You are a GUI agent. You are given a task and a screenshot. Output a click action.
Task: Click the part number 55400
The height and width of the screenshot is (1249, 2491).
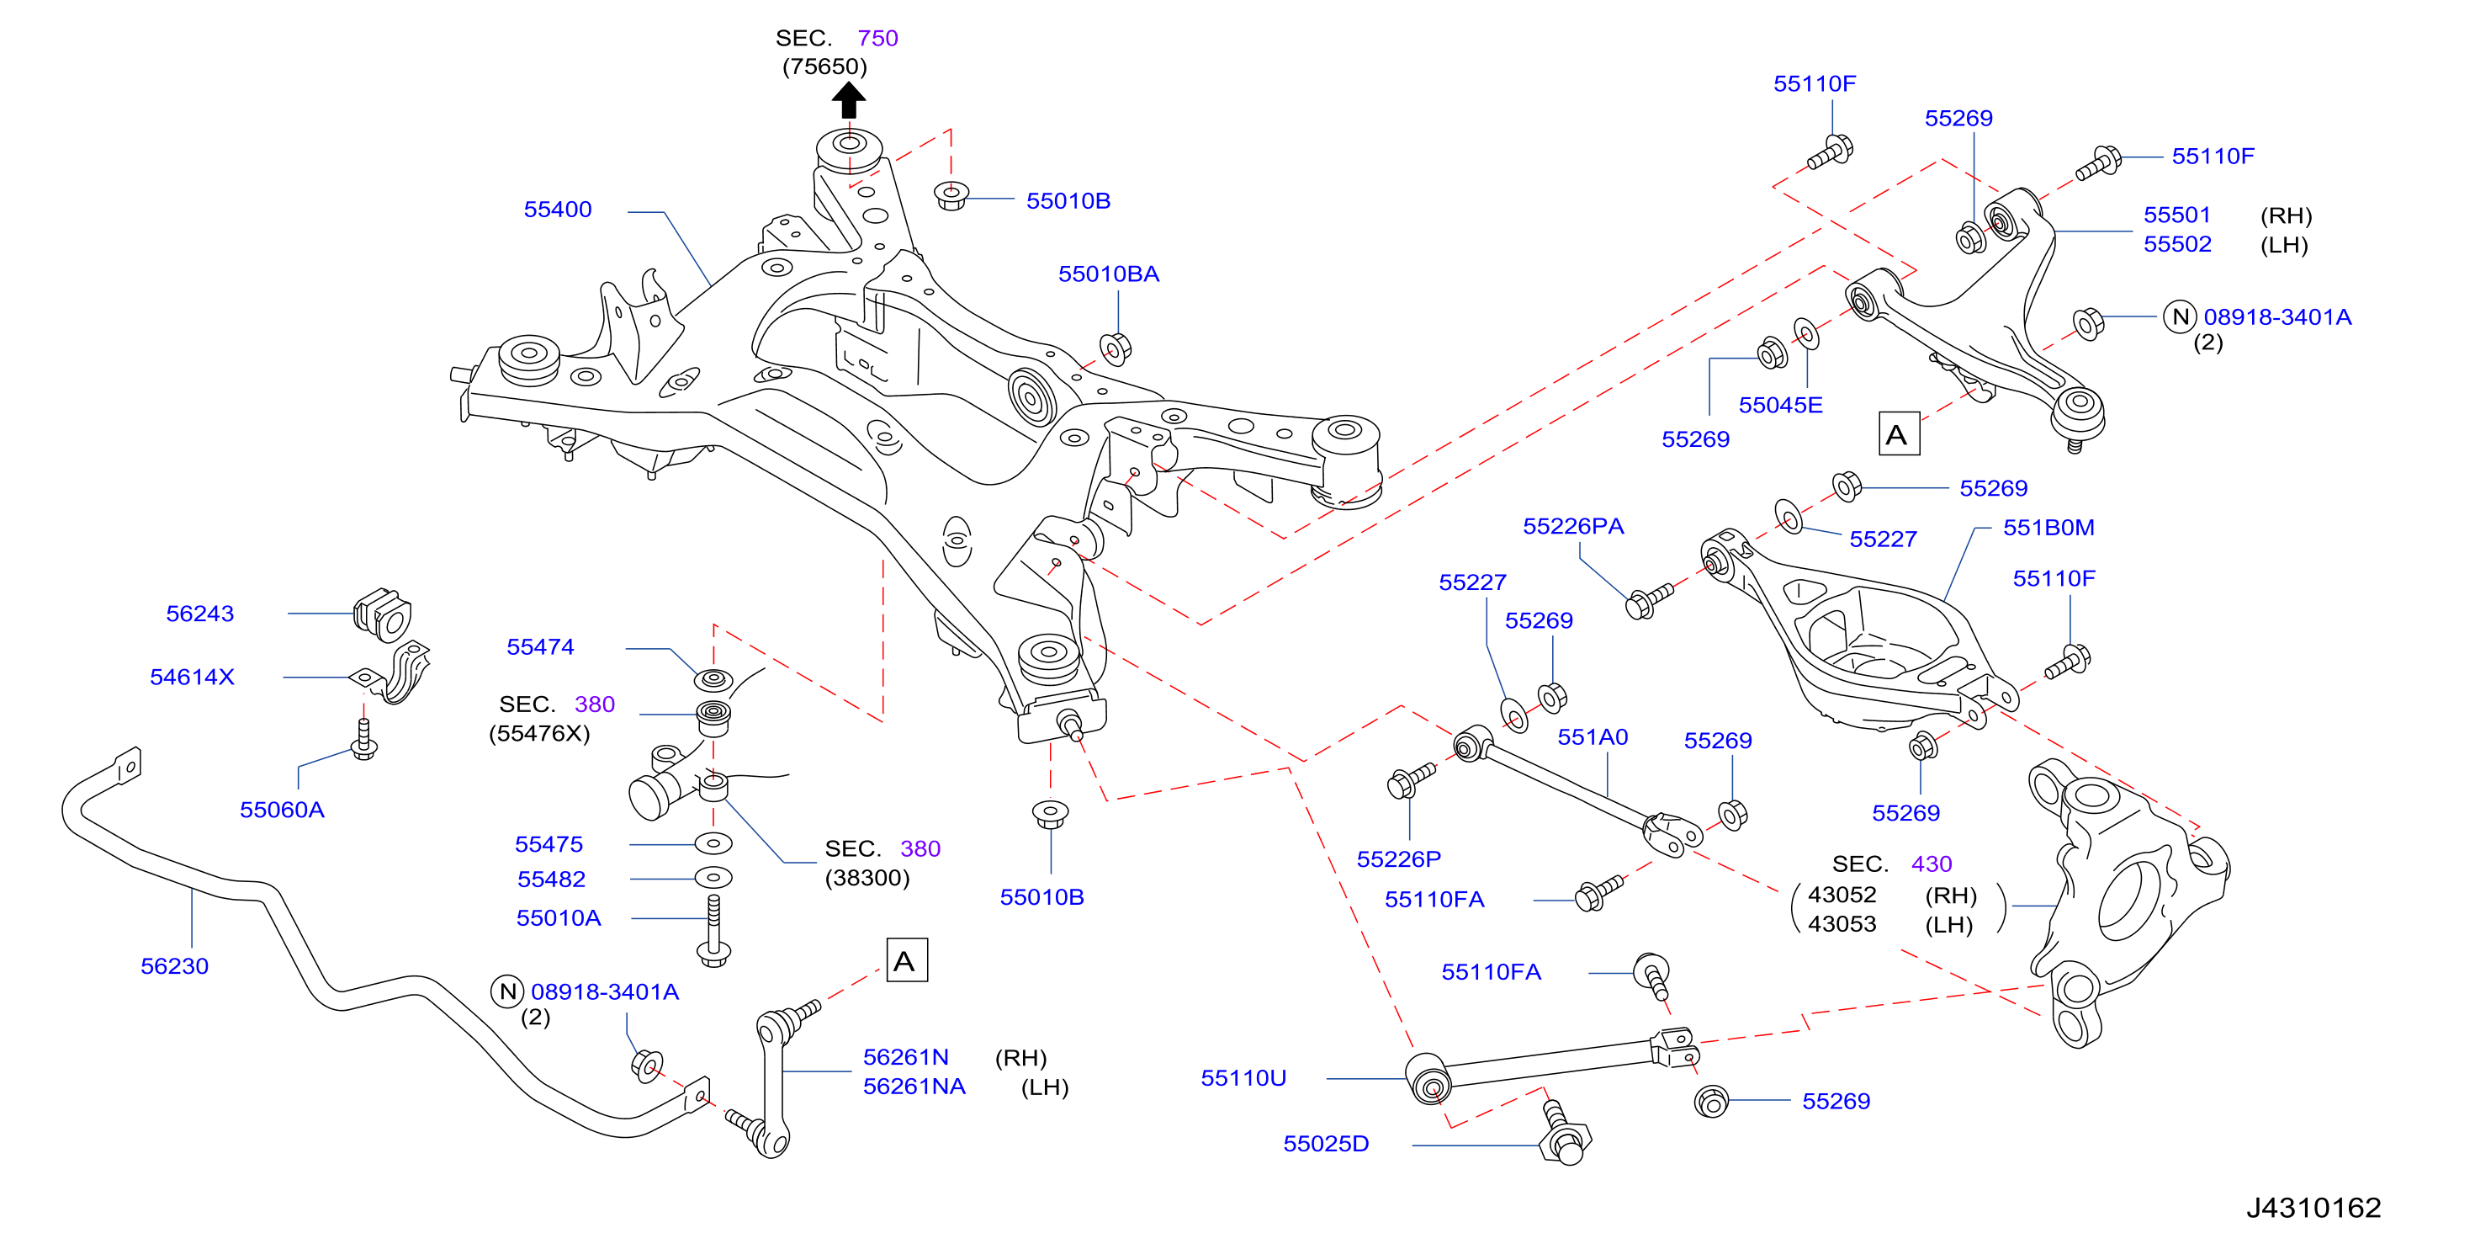pyautogui.click(x=557, y=209)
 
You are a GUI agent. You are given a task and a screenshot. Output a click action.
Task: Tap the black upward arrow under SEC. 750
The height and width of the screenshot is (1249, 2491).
pyautogui.click(x=848, y=99)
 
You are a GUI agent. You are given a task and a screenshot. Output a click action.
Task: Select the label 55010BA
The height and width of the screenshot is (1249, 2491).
pyautogui.click(x=1108, y=274)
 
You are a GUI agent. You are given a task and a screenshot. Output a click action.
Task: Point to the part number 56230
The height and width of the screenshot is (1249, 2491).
pyautogui.click(x=174, y=965)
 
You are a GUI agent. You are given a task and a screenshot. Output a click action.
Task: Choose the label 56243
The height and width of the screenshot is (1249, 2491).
pyautogui.click(x=199, y=614)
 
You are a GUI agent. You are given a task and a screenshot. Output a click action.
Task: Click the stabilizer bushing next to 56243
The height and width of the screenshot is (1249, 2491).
pyautogui.click(x=382, y=614)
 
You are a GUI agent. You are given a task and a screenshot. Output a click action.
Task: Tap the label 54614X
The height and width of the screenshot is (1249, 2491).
pyautogui.click(x=192, y=678)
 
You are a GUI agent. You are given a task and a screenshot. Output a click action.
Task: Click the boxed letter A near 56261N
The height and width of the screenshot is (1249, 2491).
pyautogui.click(x=906, y=959)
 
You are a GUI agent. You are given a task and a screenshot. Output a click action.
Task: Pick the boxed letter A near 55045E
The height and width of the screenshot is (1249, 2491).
pyautogui.click(x=1897, y=433)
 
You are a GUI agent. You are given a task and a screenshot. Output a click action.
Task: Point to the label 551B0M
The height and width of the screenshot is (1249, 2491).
pyautogui.click(x=2048, y=527)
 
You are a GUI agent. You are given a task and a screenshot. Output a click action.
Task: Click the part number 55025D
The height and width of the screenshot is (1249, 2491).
pyautogui.click(x=1326, y=1144)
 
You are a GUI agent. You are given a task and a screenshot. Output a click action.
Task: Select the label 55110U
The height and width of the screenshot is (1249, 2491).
pyautogui.click(x=1243, y=1078)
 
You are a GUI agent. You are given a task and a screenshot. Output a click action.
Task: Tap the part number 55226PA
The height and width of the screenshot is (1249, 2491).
pyautogui.click(x=1572, y=526)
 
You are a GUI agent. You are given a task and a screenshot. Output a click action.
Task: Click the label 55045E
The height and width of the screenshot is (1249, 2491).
pyautogui.click(x=1780, y=406)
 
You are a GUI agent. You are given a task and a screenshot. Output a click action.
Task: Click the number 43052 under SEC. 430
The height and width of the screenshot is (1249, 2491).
pyautogui.click(x=1842, y=895)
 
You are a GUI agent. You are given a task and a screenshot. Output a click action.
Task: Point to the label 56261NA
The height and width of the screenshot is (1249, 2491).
pyautogui.click(x=914, y=1087)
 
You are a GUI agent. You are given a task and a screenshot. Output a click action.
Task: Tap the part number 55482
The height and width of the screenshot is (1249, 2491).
pyautogui.click(x=551, y=880)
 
